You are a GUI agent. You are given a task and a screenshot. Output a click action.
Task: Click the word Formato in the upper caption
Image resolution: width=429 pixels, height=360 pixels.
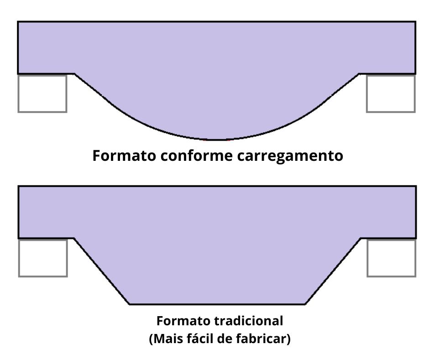[124, 156]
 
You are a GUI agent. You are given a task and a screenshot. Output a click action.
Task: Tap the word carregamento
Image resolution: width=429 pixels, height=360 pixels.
[290, 156]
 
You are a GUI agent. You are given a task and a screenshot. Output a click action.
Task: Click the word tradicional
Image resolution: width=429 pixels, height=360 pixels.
[249, 321]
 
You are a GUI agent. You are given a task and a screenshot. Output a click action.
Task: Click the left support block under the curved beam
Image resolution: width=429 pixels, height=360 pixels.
[42, 93]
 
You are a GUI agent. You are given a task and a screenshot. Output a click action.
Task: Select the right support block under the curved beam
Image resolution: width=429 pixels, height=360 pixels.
[391, 93]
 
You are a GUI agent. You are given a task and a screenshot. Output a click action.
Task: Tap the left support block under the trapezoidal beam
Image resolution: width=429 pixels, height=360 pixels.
[43, 258]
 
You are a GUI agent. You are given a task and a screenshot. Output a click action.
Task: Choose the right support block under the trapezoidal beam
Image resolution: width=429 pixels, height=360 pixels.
[391, 258]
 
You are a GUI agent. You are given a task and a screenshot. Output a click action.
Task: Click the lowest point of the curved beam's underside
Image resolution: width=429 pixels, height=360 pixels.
[217, 139]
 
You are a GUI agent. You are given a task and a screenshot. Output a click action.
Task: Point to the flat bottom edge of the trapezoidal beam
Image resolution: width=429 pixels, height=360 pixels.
[217, 304]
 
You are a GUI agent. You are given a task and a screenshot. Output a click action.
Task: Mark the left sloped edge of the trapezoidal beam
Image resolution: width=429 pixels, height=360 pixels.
[102, 271]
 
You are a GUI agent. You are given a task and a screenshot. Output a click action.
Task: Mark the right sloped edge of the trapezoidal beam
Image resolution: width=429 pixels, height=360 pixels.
[333, 271]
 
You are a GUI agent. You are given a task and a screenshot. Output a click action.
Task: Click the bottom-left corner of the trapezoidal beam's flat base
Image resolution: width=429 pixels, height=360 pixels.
[130, 304]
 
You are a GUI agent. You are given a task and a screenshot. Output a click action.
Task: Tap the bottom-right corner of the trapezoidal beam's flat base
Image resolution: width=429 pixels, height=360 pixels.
[305, 304]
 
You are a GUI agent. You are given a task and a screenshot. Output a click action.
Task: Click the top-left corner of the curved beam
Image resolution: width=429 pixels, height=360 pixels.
[18, 21]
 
